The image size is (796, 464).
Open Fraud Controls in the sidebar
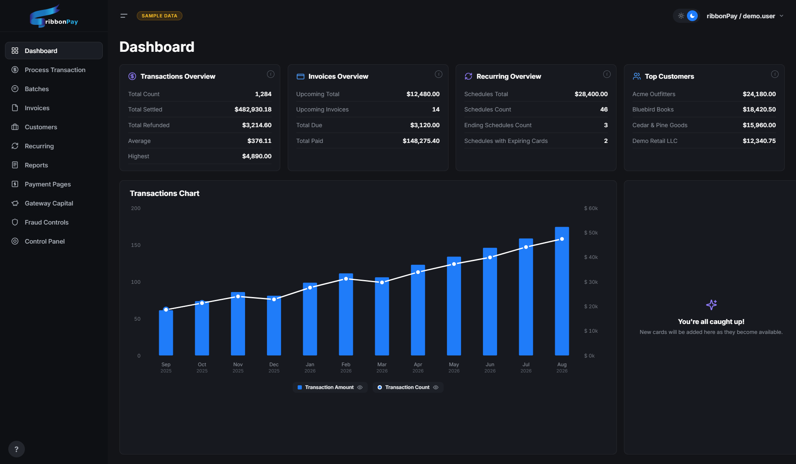coord(46,222)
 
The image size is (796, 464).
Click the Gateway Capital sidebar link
coord(49,203)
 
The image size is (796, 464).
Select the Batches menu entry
coord(36,89)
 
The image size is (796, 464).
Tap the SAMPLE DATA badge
coord(160,16)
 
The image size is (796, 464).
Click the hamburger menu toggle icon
coord(124,16)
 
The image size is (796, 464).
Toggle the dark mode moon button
coord(692,16)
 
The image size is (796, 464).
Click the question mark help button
coord(17,449)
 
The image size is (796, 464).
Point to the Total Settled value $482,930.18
coord(253,109)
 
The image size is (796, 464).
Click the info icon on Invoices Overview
coord(438,74)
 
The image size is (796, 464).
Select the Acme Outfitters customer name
coord(654,94)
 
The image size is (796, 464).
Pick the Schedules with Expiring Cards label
coord(506,141)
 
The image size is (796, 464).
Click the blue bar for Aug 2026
coord(562,291)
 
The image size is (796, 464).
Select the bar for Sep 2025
coord(166,333)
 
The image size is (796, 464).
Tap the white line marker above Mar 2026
coord(382,282)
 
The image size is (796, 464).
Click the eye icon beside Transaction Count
coord(436,387)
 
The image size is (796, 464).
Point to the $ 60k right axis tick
coord(591,208)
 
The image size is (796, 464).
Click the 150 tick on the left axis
coord(136,245)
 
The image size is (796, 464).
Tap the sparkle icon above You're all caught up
coord(711,305)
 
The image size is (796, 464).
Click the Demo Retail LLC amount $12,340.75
coord(759,141)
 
